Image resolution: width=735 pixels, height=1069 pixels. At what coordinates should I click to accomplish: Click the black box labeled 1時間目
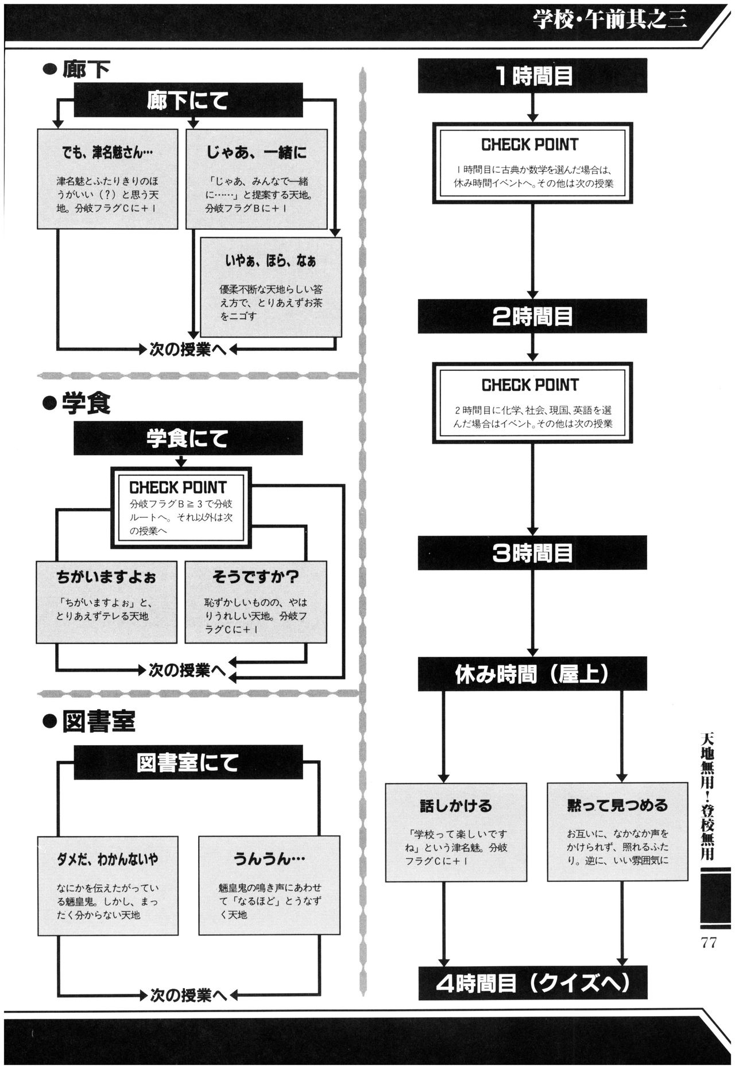532,76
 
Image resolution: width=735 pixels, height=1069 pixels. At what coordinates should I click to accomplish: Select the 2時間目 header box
532,316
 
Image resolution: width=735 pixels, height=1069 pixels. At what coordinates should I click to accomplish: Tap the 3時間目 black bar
532,553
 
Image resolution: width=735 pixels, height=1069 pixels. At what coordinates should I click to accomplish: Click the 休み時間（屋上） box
532,674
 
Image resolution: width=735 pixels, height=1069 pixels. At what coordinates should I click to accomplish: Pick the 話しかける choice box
455,832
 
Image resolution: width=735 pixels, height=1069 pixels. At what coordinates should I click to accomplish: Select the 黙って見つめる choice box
617,832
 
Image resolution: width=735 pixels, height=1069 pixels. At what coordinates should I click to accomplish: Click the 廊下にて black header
188,101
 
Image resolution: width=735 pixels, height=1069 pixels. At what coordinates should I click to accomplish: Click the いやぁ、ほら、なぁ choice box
271,287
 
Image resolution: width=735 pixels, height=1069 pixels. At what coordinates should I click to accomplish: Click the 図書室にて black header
188,762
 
